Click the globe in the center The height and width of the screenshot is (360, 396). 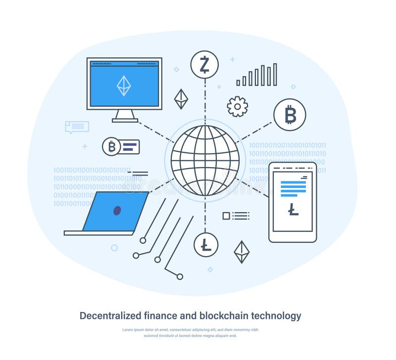[x=205, y=160]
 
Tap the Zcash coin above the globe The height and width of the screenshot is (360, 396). [x=204, y=65]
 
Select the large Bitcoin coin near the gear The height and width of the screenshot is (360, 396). [x=290, y=115]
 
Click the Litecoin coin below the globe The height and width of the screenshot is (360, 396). [x=206, y=245]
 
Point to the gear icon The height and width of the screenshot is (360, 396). [x=237, y=107]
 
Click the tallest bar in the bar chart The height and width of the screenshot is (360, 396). [x=275, y=75]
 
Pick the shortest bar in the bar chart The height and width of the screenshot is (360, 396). [x=238, y=83]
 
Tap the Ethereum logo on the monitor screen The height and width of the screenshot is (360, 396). [x=124, y=86]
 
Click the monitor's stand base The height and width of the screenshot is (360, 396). [x=125, y=120]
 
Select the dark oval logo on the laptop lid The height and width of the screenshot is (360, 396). [x=117, y=211]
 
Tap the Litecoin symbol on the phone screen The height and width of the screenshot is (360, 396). [x=293, y=210]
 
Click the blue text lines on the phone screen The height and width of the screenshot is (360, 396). [x=293, y=188]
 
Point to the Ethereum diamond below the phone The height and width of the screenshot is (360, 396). [x=242, y=252]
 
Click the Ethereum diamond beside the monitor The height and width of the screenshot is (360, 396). [x=181, y=99]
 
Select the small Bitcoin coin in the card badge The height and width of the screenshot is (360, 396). [x=111, y=146]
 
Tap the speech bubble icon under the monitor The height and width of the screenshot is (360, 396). [x=77, y=127]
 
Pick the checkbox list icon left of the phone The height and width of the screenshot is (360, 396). [x=236, y=216]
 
